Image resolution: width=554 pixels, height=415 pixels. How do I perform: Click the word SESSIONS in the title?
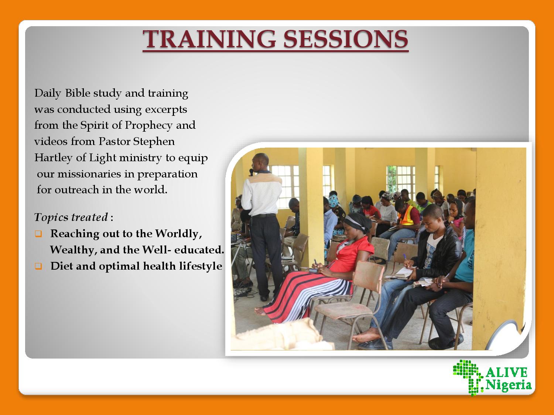pyautogui.click(x=346, y=39)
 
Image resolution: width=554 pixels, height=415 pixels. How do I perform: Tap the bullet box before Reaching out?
pyautogui.click(x=38, y=234)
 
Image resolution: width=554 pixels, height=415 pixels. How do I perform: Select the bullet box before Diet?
pyautogui.click(x=38, y=266)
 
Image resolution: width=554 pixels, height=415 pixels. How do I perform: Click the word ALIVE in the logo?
pyautogui.click(x=507, y=373)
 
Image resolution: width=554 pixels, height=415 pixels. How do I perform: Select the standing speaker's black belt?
pyautogui.click(x=263, y=216)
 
